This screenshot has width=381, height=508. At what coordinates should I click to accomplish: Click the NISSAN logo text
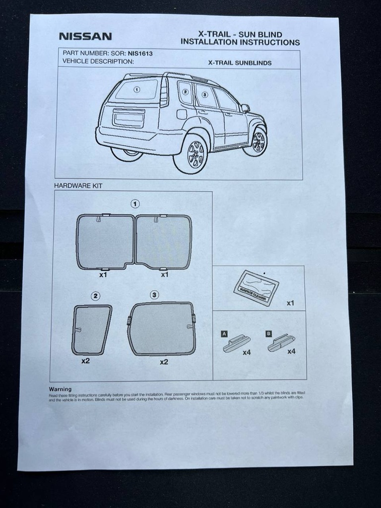[85, 36]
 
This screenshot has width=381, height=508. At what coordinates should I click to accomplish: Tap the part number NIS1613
[140, 52]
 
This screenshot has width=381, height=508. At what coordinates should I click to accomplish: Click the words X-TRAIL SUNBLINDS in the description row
[240, 63]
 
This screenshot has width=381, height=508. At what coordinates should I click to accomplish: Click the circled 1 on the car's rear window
[137, 90]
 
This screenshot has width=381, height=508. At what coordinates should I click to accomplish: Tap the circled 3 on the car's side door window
[204, 95]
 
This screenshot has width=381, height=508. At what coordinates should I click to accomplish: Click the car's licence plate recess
[128, 119]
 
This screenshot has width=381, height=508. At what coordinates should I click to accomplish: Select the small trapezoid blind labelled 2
[91, 329]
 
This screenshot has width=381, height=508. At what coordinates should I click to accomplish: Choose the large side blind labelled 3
[162, 328]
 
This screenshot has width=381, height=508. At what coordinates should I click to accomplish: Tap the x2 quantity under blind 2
[85, 361]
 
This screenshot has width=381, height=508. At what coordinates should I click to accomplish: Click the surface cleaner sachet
[256, 287]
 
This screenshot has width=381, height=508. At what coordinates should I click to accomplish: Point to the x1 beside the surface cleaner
[290, 303]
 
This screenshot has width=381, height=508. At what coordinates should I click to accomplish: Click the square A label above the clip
[224, 334]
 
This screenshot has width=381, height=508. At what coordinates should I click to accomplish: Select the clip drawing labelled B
[281, 343]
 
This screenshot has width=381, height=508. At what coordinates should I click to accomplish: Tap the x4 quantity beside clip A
[247, 352]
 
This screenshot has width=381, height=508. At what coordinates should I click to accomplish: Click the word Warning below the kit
[60, 389]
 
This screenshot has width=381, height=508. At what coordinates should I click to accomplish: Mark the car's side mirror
[245, 108]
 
